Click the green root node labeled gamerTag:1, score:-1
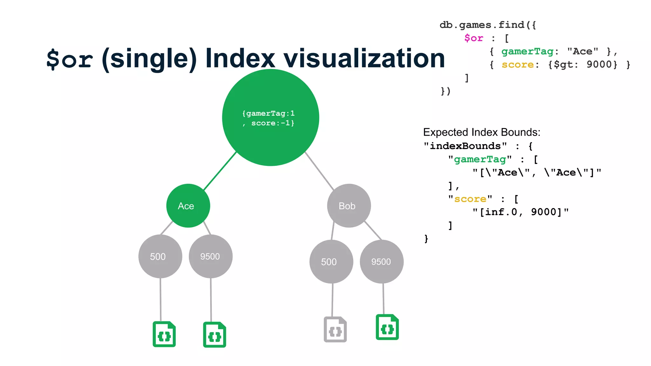(271, 118)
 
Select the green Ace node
(188, 206)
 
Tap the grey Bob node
(349, 206)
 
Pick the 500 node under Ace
(160, 256)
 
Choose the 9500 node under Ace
(210, 256)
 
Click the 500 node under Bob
(331, 261)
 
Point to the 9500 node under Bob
(381, 261)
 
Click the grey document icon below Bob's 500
(335, 329)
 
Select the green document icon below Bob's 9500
(387, 327)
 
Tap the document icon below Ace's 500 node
(164, 334)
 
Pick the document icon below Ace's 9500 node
(215, 335)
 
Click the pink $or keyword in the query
(474, 38)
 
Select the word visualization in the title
(364, 58)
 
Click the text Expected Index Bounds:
(482, 132)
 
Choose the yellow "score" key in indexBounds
(470, 199)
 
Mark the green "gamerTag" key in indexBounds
(480, 159)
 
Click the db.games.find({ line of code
(488, 25)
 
